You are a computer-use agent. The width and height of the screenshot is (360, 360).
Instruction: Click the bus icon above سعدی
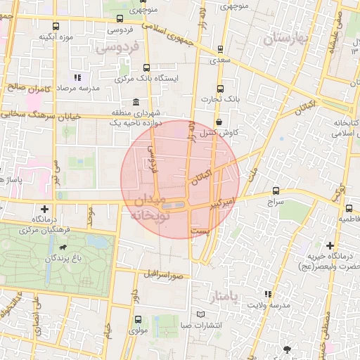221,49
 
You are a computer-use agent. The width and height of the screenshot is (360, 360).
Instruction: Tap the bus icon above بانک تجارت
221,89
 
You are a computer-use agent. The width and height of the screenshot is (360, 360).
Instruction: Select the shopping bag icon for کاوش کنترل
219,122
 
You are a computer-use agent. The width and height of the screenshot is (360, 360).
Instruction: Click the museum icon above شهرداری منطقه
136,102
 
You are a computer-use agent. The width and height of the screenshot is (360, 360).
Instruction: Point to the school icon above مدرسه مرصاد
77,77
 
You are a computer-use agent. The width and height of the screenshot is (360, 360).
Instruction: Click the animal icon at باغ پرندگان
64,248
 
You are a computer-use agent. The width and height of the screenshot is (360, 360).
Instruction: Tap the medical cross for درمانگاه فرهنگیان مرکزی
45,209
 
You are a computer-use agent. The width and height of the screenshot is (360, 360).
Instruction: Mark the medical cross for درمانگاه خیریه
330,245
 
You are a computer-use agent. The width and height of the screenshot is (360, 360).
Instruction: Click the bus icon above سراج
275,191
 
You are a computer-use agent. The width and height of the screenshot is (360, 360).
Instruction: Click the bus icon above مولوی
136,319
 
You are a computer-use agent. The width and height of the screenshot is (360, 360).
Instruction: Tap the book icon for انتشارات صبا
203,314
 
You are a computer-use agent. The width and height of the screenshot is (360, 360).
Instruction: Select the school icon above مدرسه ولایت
266,294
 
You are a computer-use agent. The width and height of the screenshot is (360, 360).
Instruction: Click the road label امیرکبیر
220,203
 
